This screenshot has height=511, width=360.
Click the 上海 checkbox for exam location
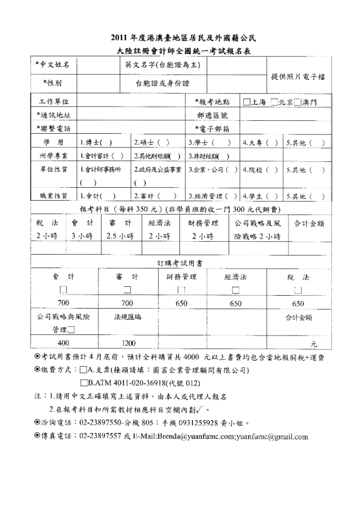coord(246,101)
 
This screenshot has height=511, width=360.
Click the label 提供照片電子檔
coord(298,77)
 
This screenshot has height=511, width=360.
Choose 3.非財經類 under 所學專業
coord(208,156)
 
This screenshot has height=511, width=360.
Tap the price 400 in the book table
coord(63,343)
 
